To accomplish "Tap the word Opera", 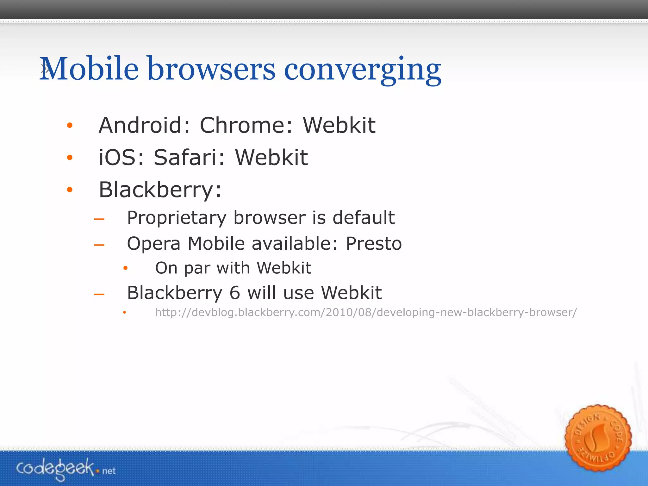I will (153, 244).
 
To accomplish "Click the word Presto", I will (374, 244).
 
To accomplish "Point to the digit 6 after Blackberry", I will (234, 293).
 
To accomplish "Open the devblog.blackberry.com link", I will (366, 313).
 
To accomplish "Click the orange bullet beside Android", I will (70, 126).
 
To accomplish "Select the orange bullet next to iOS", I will (70, 158).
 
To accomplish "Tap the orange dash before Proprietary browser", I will (99, 219).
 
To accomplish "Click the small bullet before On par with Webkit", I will (126, 268).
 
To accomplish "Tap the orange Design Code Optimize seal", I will (598, 438).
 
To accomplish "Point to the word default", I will (364, 218).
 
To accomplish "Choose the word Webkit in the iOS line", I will (271, 158).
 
